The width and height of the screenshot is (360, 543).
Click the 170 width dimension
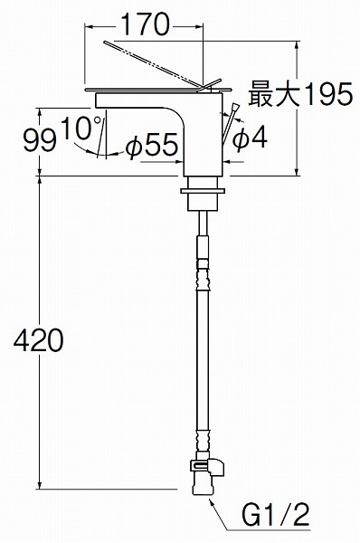[x=146, y=24]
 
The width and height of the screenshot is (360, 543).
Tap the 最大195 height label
[x=300, y=94]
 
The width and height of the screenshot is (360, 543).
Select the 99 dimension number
[x=39, y=141]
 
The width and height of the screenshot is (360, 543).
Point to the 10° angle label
[x=81, y=128]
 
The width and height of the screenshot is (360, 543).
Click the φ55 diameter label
[x=152, y=146]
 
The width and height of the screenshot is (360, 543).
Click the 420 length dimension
[x=38, y=340]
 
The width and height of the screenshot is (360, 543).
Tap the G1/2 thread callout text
[x=275, y=515]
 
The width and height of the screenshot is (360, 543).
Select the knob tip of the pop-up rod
[x=235, y=106]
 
